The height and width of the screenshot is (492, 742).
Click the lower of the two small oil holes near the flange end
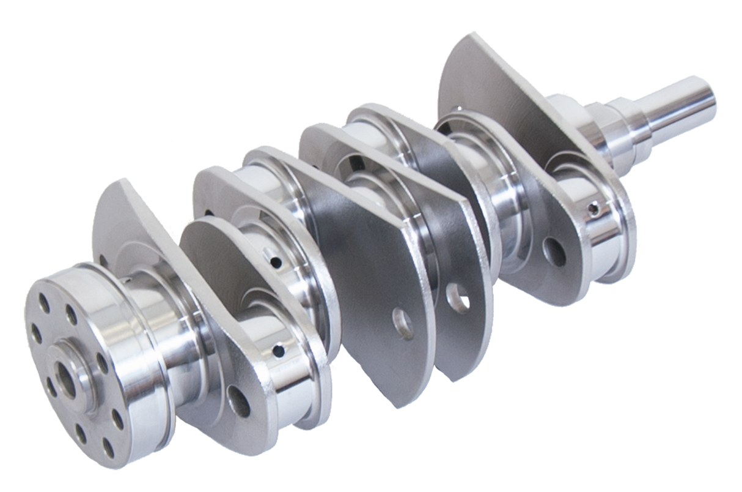tap(279, 351)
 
